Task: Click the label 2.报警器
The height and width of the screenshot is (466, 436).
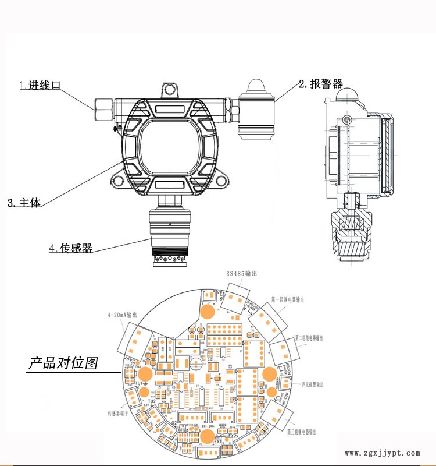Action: click(x=320, y=84)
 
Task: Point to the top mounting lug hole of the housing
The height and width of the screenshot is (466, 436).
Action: click(x=170, y=89)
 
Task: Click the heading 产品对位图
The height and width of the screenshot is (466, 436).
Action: click(x=63, y=363)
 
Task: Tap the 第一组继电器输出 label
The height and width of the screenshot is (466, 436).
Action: click(x=288, y=300)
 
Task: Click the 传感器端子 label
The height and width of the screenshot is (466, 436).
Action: click(x=120, y=412)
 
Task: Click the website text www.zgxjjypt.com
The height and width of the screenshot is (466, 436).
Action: click(x=382, y=453)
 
